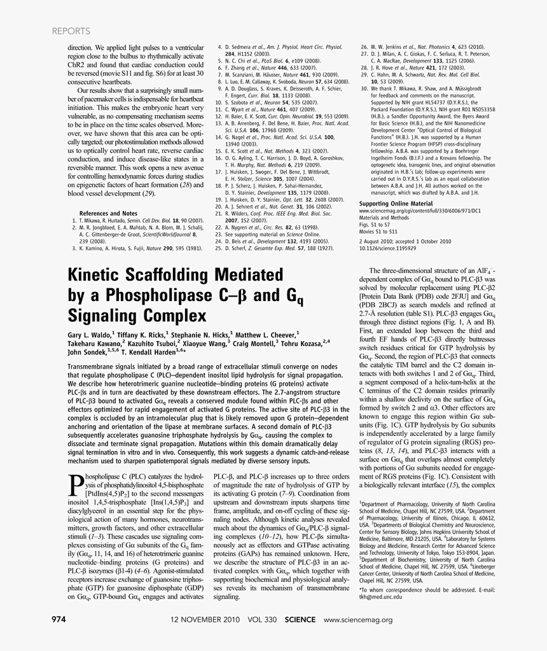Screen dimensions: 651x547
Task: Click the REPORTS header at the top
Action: tap(71, 31)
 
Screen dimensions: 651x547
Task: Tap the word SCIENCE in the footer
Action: tap(300, 619)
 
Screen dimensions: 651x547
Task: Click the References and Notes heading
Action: tap(108, 213)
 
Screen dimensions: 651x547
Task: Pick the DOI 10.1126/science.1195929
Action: tap(391, 249)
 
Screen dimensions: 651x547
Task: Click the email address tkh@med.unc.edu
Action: tap(380, 598)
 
